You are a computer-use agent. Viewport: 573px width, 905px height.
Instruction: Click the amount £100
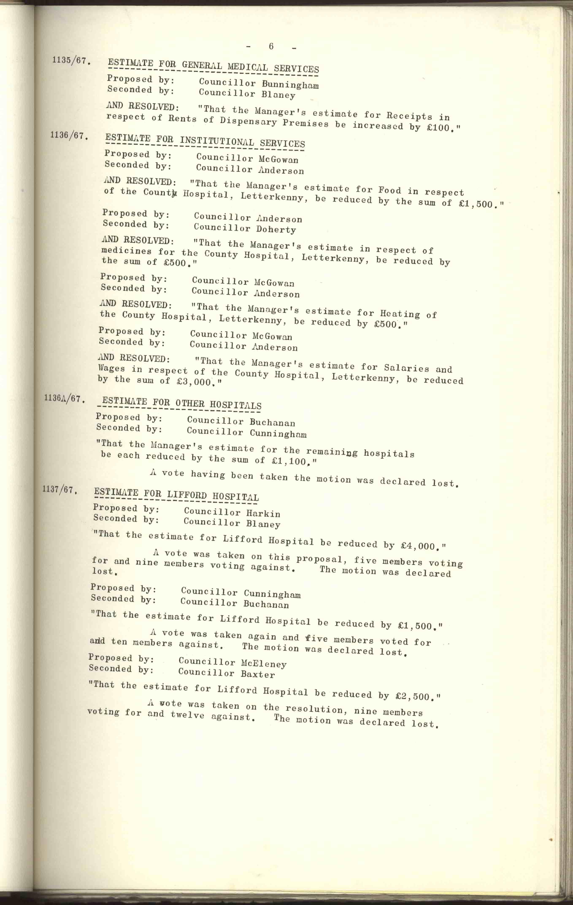438,128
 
